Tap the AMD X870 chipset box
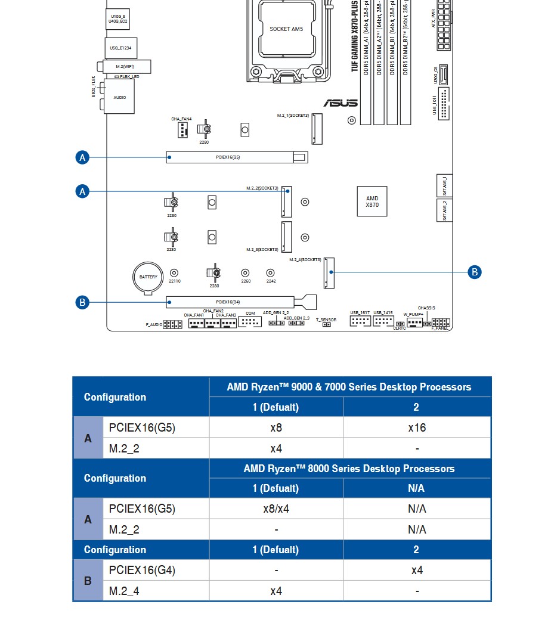tap(372, 201)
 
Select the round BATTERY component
tap(148, 277)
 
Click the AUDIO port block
tap(120, 97)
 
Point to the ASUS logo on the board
tap(340, 103)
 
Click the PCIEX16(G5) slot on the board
tap(236, 157)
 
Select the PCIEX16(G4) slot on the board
tap(230, 302)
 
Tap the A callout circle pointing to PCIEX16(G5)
tap(83, 157)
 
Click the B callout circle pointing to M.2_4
tap(475, 272)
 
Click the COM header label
tap(250, 314)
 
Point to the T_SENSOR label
tap(326, 320)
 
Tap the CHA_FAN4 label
tap(181, 119)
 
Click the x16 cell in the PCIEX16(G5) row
tap(416, 427)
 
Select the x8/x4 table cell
tap(276, 509)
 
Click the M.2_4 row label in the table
tap(124, 591)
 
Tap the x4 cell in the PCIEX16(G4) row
tap(416, 571)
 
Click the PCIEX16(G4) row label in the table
tap(142, 571)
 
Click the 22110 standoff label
tap(174, 281)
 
